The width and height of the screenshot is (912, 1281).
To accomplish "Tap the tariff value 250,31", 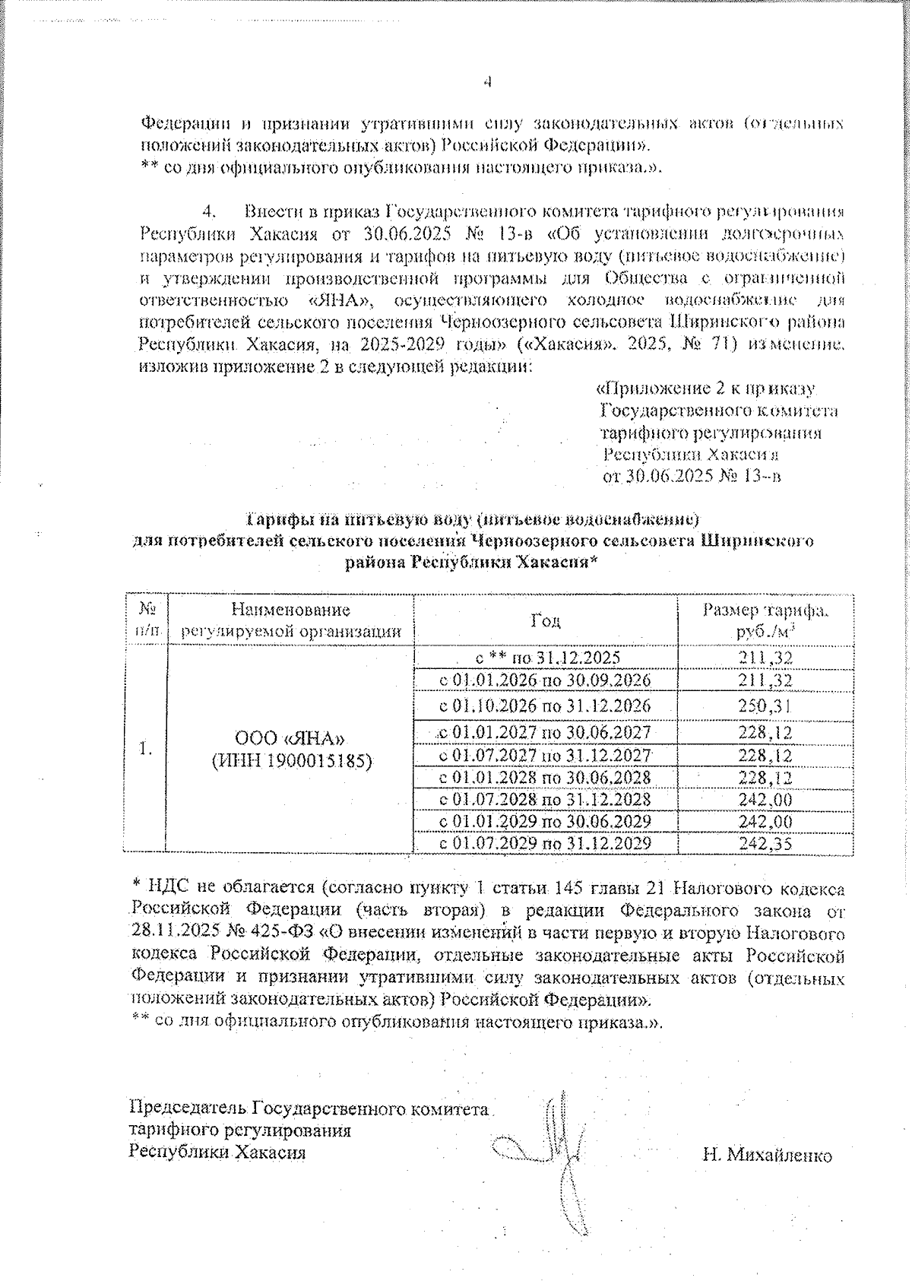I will [x=765, y=706].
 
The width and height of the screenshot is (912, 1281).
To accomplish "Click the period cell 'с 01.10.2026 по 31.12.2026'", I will [x=546, y=706].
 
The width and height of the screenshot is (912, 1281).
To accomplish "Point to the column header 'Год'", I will [x=546, y=620].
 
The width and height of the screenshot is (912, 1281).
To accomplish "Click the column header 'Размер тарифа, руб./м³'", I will [x=765, y=620].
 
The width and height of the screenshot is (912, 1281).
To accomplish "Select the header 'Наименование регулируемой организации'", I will [x=291, y=620].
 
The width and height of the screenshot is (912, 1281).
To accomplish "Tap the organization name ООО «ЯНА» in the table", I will [x=291, y=739].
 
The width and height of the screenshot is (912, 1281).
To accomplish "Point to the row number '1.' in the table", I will [x=145, y=750].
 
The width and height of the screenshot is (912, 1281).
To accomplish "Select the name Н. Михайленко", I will [x=767, y=1156].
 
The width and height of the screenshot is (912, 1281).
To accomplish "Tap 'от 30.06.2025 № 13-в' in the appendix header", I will [x=692, y=477].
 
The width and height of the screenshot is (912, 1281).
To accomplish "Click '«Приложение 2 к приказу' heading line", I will [x=705, y=388].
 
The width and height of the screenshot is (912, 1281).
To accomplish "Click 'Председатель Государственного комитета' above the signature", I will [x=309, y=1108].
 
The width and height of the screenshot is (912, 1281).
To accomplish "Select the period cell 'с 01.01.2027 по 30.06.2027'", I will [x=546, y=733].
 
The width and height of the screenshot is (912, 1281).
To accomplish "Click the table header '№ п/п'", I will [x=146, y=620].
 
